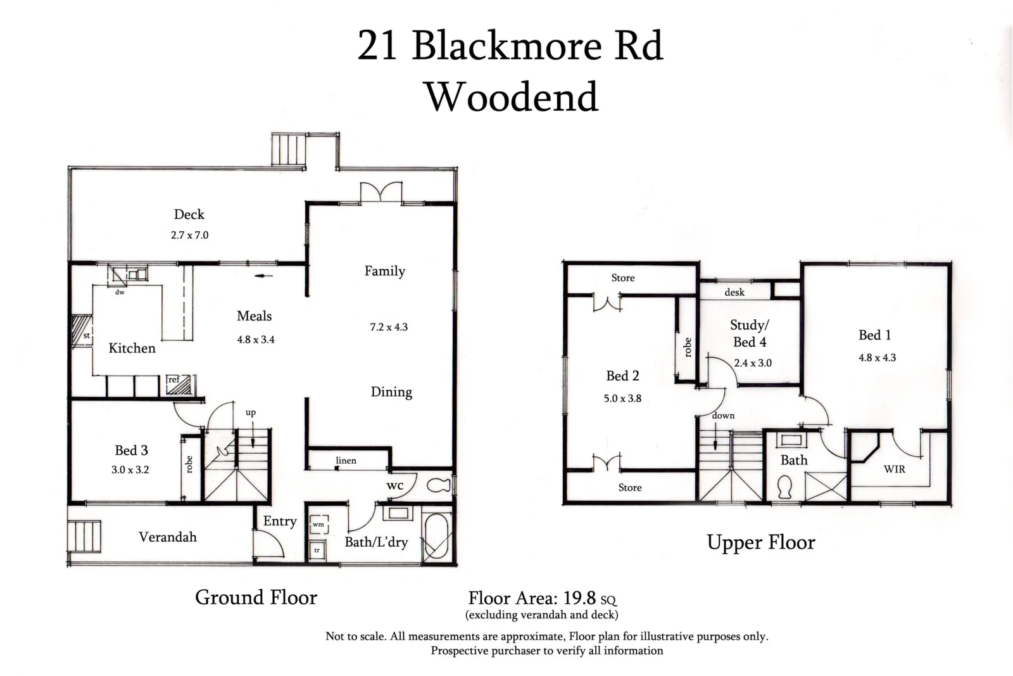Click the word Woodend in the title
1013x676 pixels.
tap(512, 97)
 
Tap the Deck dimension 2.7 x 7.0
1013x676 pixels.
tap(189, 235)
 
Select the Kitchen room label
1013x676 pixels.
tap(132, 348)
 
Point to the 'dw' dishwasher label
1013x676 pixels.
tap(120, 292)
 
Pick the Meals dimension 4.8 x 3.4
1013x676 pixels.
tap(256, 340)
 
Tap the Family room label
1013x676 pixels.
tap(384, 271)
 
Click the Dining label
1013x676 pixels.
tap(391, 392)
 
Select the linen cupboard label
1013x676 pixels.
tap(346, 461)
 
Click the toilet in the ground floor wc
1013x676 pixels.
tap(437, 486)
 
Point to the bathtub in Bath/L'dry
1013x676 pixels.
tap(436, 536)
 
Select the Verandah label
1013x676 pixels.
tap(168, 537)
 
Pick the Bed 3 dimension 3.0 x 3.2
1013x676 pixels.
tap(131, 470)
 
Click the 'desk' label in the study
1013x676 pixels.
tap(734, 292)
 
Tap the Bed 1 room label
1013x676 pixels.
tap(874, 335)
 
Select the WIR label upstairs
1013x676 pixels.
tap(894, 469)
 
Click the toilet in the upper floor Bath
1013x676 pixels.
tap(785, 487)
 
